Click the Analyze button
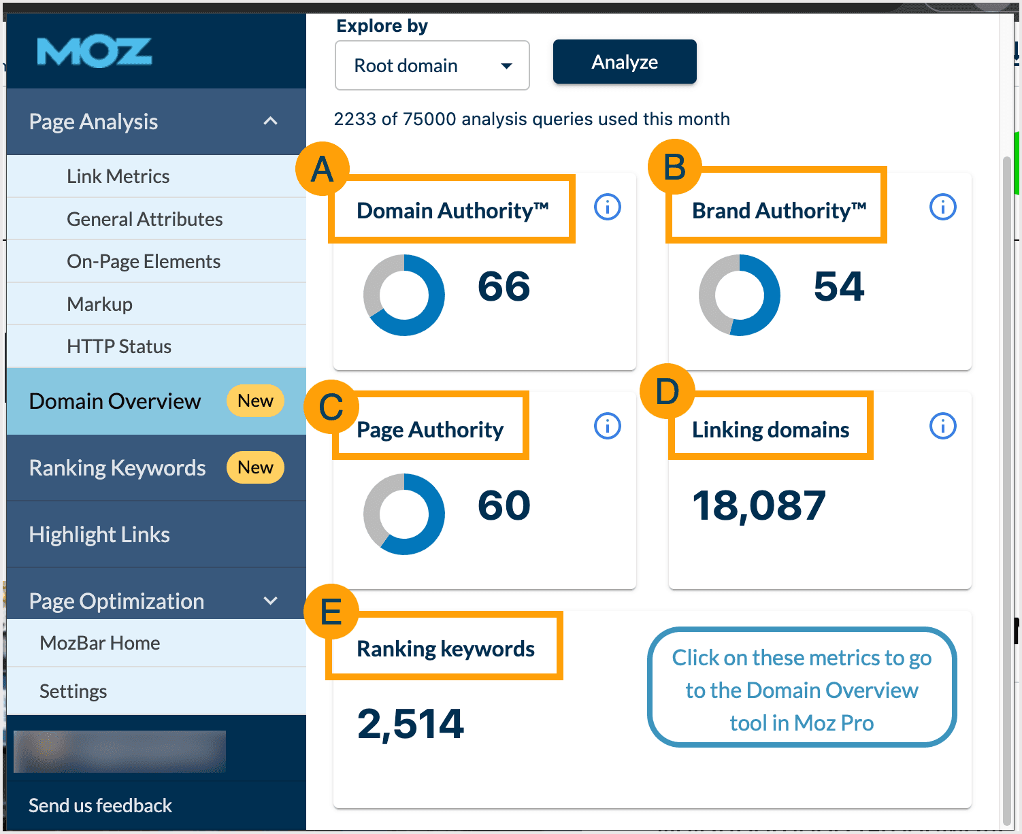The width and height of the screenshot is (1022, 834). pos(624,62)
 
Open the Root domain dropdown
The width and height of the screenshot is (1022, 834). pos(432,65)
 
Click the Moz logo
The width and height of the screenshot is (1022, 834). pos(94,52)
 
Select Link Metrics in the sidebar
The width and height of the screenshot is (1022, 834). pos(118,177)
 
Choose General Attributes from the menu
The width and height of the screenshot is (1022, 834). pos(144,219)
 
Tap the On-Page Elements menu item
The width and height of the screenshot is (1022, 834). pos(143,262)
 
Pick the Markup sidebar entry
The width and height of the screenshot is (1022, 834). pos(99,304)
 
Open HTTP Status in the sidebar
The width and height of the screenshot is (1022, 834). pos(119,347)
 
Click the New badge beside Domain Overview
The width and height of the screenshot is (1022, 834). pos(255,401)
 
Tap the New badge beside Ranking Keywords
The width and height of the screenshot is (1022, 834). pos(255,468)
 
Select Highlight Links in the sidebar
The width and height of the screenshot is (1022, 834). pos(99,535)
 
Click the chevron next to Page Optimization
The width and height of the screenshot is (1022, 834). pos(271,601)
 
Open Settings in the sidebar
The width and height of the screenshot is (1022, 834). pos(73,691)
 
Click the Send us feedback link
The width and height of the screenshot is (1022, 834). pos(100,805)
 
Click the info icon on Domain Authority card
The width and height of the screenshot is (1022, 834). pos(607,207)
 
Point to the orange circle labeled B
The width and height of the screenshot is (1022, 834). pos(674,167)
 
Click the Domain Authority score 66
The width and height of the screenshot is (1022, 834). pos(504,286)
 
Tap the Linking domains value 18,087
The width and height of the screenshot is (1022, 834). pos(759,506)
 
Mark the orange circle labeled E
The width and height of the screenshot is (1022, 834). pos(331,611)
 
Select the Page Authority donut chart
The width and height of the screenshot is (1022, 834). pos(404,514)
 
